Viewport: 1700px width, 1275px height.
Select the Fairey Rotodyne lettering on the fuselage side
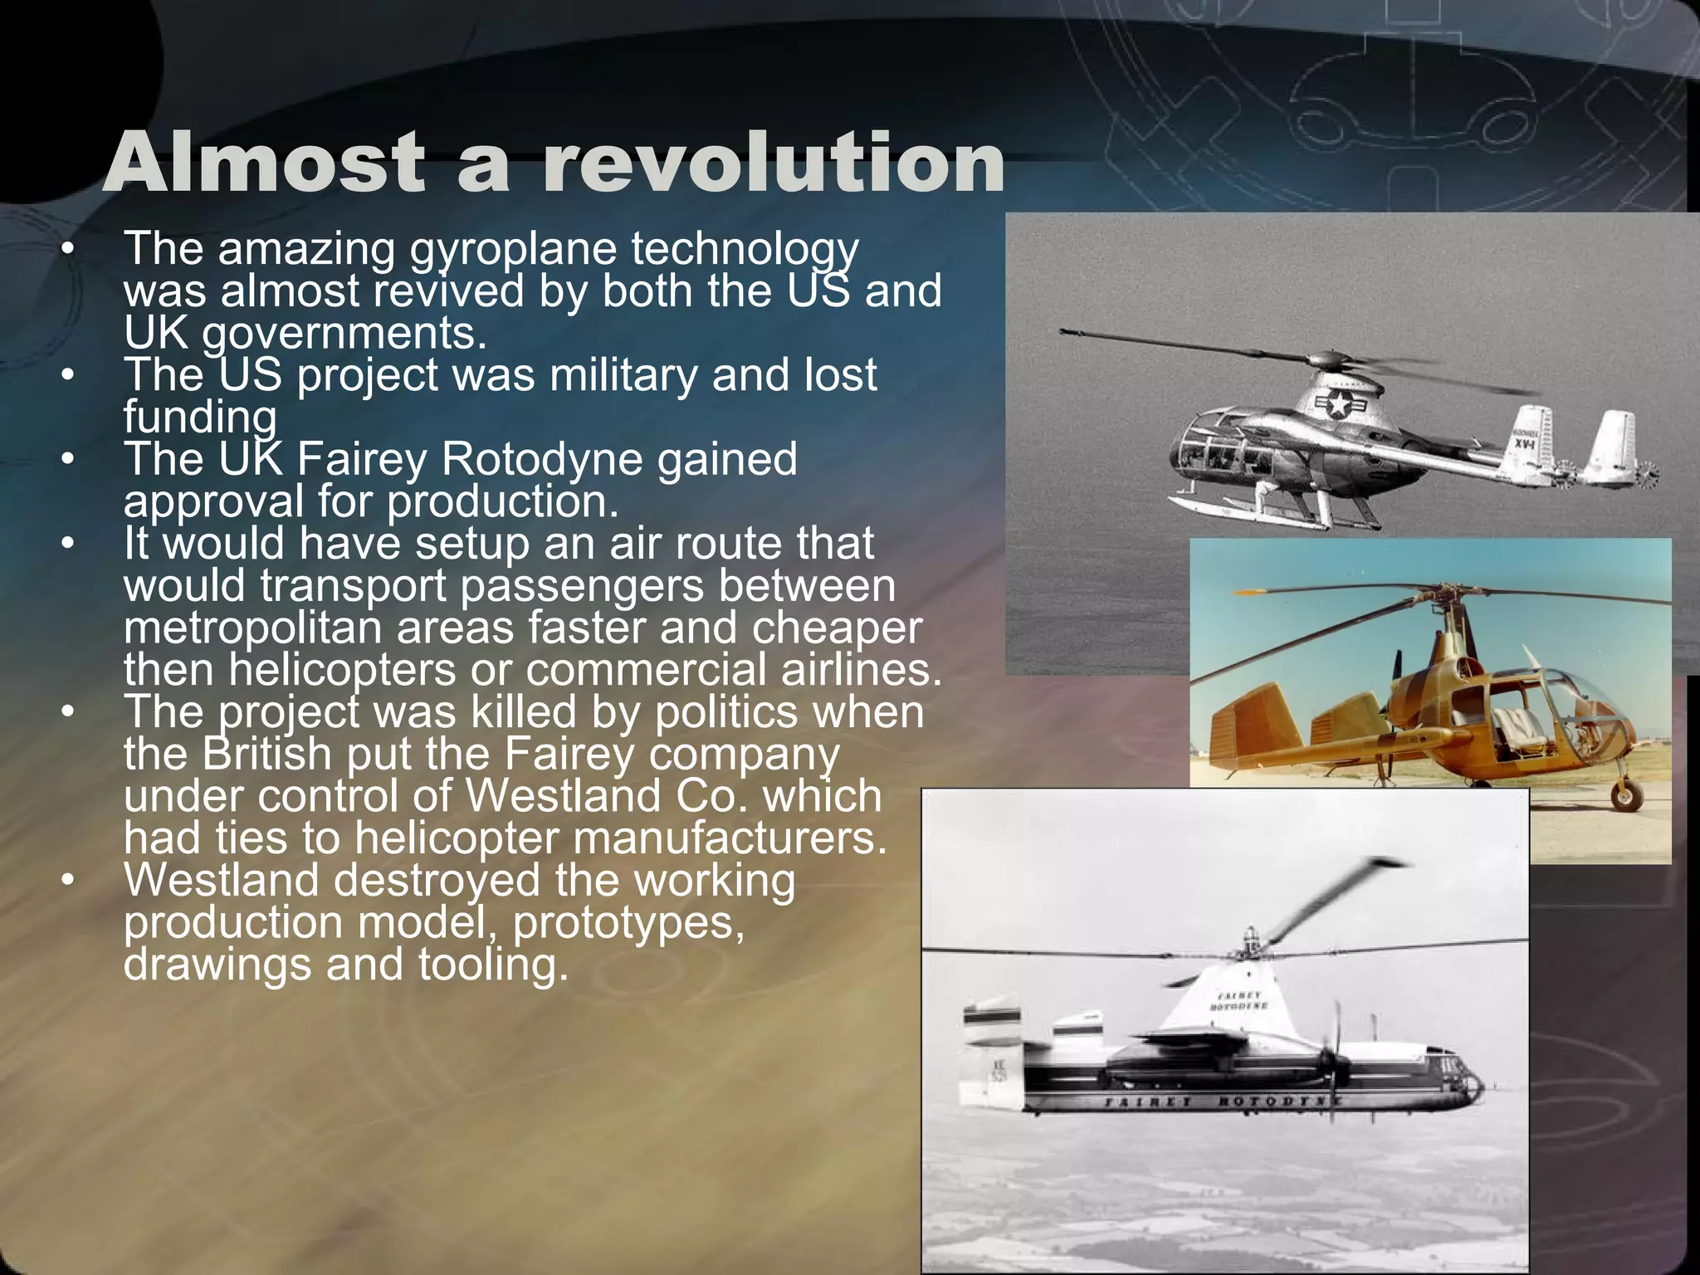click(1220, 1102)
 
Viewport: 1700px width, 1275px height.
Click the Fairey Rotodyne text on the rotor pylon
click(1241, 1000)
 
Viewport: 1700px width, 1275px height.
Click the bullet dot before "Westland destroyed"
click(69, 880)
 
